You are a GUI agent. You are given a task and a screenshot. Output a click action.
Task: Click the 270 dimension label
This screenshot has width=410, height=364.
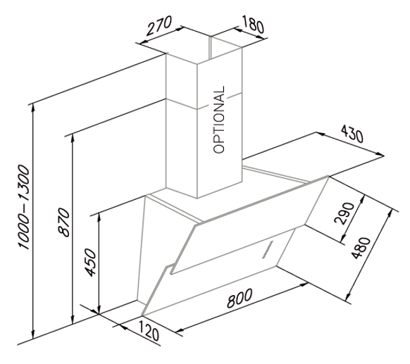pyautogui.click(x=159, y=25)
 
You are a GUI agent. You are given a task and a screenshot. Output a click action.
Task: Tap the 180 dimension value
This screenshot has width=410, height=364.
pyautogui.click(x=252, y=24)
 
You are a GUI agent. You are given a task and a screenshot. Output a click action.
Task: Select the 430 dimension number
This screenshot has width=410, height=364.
pyautogui.click(x=352, y=133)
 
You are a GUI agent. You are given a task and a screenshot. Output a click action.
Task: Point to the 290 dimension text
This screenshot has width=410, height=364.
pyautogui.click(x=344, y=213)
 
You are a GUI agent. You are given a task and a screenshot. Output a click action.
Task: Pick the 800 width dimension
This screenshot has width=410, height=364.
pyautogui.click(x=240, y=298)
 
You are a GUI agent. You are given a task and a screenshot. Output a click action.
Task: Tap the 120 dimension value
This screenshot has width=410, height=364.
pyautogui.click(x=148, y=331)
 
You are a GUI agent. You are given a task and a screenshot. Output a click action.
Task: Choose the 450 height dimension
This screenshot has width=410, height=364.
pyautogui.click(x=92, y=263)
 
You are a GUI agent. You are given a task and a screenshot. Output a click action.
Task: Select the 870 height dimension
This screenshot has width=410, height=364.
pyautogui.click(x=64, y=222)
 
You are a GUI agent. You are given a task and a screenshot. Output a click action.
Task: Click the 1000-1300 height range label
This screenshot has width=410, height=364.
pyautogui.click(x=24, y=207)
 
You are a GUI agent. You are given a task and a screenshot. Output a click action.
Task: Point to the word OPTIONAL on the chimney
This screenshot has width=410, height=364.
pyautogui.click(x=219, y=120)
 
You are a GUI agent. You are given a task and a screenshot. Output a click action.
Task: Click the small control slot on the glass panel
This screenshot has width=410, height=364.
pyautogui.click(x=268, y=249)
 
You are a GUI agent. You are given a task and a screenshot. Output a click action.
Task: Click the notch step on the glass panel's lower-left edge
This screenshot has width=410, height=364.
pyautogui.click(x=168, y=266)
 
